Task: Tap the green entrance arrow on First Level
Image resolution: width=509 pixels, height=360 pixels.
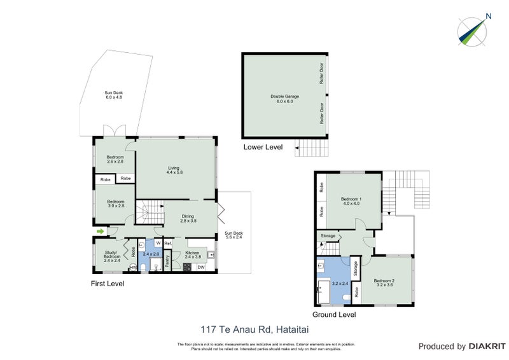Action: pyautogui.click(x=100, y=231)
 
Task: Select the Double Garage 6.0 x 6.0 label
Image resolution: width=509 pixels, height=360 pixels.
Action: pyautogui.click(x=284, y=99)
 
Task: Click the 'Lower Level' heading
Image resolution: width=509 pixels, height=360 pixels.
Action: pyautogui.click(x=263, y=147)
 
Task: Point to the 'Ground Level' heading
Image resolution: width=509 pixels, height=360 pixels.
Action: pyautogui.click(x=333, y=315)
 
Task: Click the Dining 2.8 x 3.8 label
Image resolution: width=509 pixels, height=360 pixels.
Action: pyautogui.click(x=188, y=218)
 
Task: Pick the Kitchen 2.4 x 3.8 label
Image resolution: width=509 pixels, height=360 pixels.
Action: pyautogui.click(x=192, y=255)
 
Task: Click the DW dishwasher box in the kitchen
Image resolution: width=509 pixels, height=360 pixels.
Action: pyautogui.click(x=200, y=267)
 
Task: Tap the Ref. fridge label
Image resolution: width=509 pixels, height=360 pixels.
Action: pyautogui.click(x=168, y=244)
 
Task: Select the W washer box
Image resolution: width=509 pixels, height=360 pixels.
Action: pyautogui.click(x=157, y=243)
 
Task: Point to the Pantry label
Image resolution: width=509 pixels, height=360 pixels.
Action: pyautogui.click(x=167, y=261)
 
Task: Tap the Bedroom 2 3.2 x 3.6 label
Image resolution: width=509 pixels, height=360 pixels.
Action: pyautogui.click(x=384, y=282)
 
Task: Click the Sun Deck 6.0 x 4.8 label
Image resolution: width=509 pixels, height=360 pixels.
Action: pyautogui.click(x=113, y=95)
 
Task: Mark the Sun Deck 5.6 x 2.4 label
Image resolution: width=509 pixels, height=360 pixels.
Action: pyautogui.click(x=234, y=235)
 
